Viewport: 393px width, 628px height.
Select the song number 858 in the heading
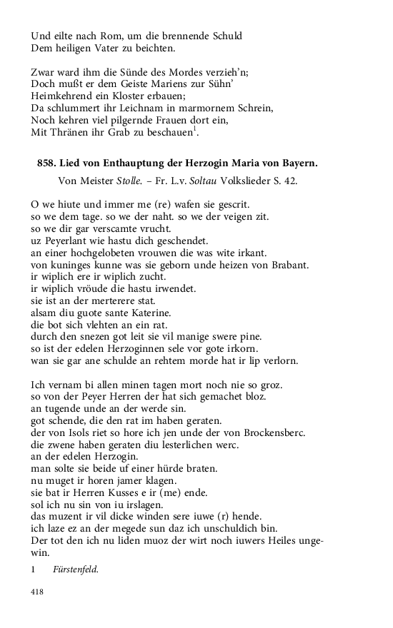[x=46, y=163]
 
